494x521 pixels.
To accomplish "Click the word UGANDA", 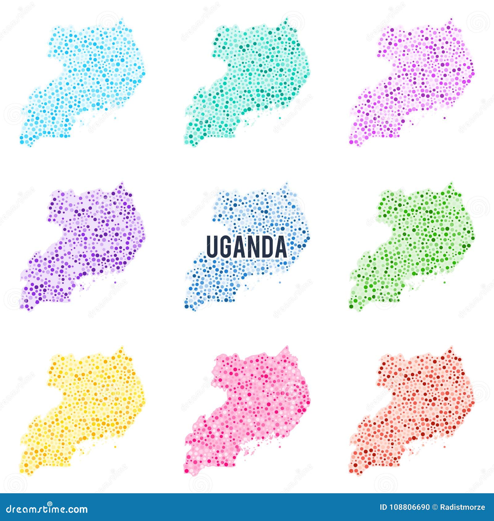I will point(246,247).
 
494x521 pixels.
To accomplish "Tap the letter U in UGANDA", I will point(212,247).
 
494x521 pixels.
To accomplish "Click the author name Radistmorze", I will point(462,507).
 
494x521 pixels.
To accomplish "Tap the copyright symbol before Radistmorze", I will point(435,507).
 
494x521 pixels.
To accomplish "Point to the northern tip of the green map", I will point(451,184).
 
